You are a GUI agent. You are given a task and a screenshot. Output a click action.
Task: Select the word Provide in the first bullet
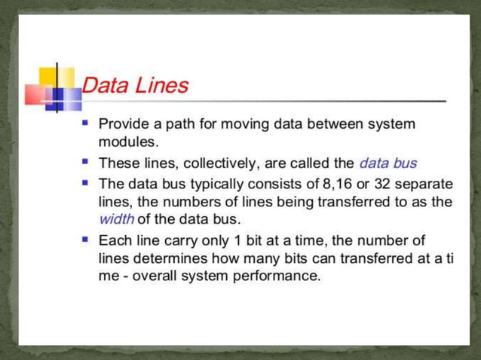click(123, 123)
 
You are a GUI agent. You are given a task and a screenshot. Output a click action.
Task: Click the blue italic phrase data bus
click(388, 163)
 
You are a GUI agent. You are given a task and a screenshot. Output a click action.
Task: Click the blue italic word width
click(116, 220)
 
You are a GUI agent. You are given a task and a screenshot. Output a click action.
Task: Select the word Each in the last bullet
click(112, 241)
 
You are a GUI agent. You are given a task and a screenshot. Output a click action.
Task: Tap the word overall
click(150, 276)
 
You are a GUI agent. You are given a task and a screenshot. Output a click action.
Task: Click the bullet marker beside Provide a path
click(86, 121)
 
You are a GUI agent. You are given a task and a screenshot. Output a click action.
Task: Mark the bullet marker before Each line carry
click(86, 239)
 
